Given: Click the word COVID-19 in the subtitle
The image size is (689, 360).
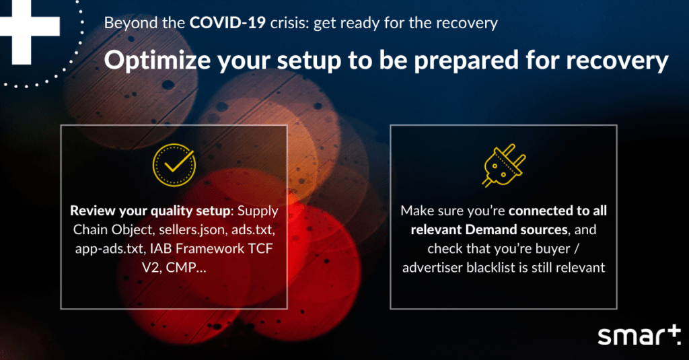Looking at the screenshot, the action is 227,22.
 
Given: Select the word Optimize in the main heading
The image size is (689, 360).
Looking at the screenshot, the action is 157,60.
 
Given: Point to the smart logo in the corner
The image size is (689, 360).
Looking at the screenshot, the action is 639,336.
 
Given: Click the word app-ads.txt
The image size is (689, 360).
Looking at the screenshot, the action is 110,249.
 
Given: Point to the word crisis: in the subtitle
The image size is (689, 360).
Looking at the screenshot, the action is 289,23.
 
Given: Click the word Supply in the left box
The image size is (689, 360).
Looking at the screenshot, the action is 258,211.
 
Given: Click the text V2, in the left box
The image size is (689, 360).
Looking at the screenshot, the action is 151,267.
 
